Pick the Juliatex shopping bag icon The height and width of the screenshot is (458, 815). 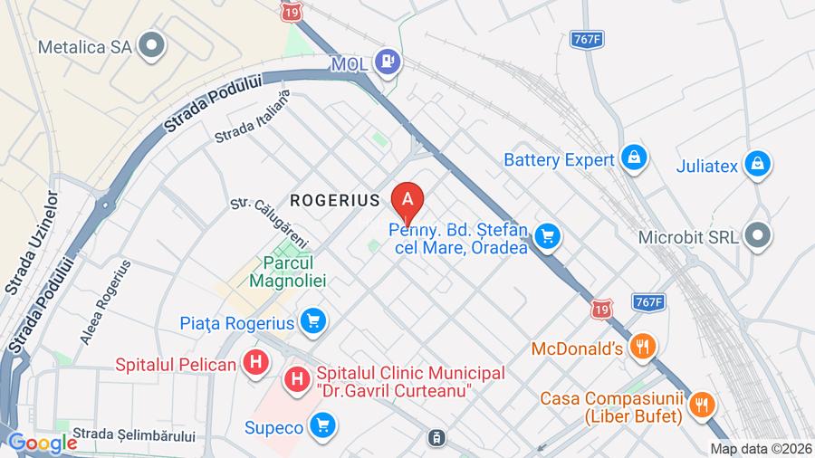(756, 165)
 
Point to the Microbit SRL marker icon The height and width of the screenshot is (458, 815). (756, 235)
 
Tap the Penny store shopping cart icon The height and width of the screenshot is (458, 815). (546, 237)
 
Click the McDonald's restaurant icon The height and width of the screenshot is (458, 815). (643, 347)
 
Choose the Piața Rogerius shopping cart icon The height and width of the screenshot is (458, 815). (312, 321)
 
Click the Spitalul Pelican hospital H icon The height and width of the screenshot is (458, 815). (257, 364)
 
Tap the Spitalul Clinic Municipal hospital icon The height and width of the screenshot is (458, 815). (296, 381)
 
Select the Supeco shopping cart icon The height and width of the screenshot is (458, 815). (321, 425)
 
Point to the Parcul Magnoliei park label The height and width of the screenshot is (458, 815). (288, 271)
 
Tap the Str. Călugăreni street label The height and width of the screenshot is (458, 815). (271, 223)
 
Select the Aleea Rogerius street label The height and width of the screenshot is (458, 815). (106, 302)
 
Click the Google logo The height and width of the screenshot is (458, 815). (42, 444)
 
